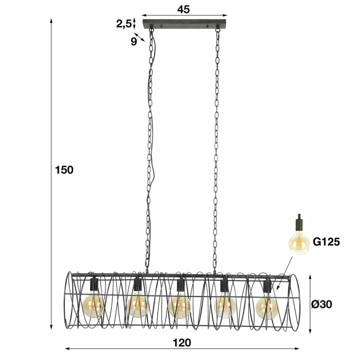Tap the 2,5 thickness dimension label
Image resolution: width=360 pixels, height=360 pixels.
[x=124, y=24]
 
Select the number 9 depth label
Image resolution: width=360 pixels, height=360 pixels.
[x=133, y=41]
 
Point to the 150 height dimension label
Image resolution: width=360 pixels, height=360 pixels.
[x=64, y=170]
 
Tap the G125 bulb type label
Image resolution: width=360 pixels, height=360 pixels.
[x=326, y=242]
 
